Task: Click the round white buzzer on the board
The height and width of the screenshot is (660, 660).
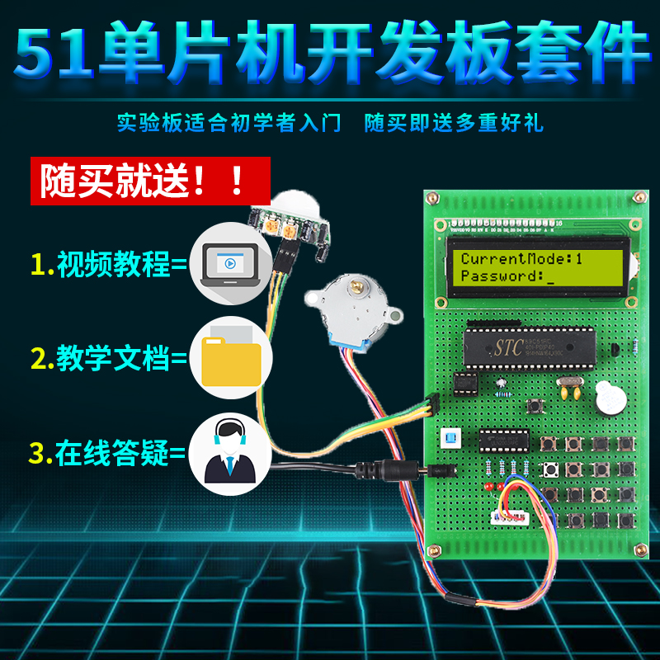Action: (610, 399)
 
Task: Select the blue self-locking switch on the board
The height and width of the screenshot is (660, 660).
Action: (450, 436)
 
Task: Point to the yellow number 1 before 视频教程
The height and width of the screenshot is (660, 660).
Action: (37, 264)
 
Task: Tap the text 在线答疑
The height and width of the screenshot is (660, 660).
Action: (111, 453)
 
